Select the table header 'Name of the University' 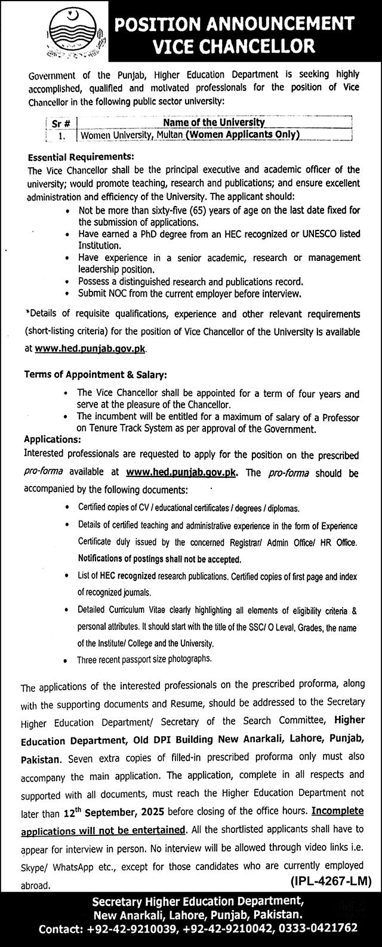coord(213,122)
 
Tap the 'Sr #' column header coord(61,122)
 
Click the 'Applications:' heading coord(53,438)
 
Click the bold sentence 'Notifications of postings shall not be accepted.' coord(159,560)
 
